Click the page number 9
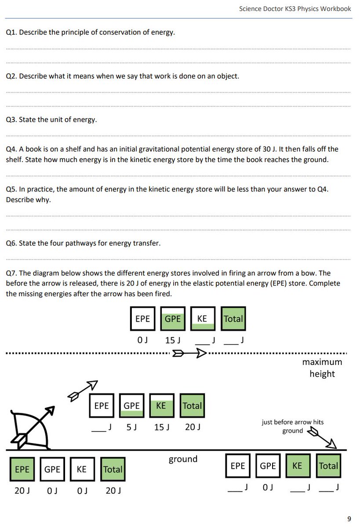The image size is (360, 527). (x=349, y=519)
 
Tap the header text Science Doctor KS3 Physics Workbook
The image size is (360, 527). (x=295, y=8)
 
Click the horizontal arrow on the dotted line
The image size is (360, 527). (x=189, y=353)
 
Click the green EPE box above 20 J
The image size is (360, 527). (x=22, y=469)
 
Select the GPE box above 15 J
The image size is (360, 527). (x=172, y=319)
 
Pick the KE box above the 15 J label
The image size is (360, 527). (x=161, y=406)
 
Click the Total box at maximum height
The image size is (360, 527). (x=233, y=319)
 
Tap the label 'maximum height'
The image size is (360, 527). (x=322, y=368)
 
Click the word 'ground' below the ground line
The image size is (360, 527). (x=183, y=459)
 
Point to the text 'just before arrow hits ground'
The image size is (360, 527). (x=292, y=426)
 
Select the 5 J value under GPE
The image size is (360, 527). (x=131, y=427)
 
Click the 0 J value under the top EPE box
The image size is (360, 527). (x=142, y=340)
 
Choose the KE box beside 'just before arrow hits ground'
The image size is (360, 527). (x=298, y=466)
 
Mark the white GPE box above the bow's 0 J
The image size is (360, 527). (x=52, y=469)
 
